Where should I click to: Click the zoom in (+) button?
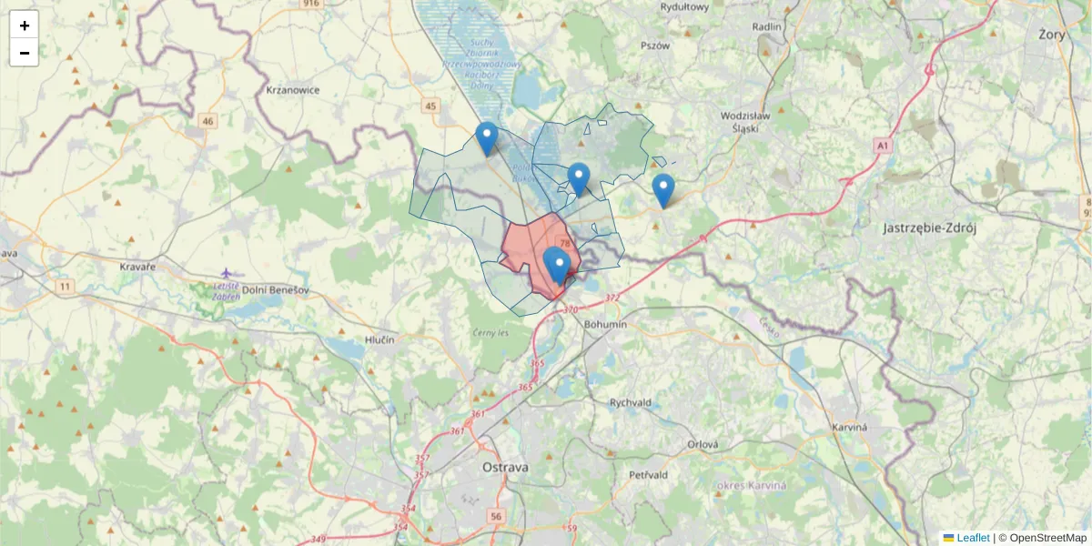(24, 25)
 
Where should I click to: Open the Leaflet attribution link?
(972, 538)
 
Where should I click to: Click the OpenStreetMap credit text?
(1047, 538)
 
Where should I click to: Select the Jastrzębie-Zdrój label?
(929, 228)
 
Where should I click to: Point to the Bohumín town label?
(606, 324)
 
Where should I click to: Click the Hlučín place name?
(379, 339)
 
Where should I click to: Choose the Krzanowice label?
(292, 90)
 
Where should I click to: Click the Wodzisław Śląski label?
(745, 122)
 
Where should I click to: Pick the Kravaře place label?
(137, 267)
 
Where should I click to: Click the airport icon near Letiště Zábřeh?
(227, 273)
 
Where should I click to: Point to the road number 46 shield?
(208, 121)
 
